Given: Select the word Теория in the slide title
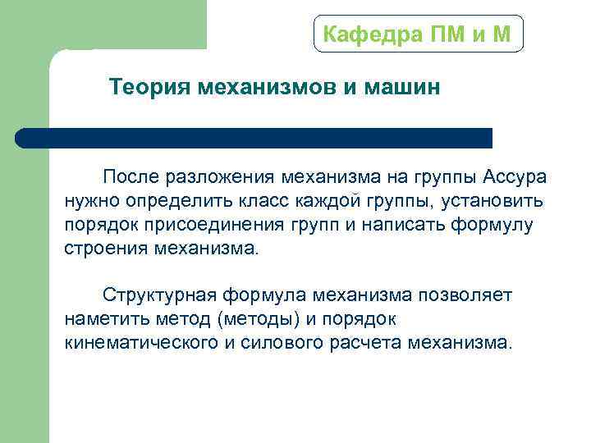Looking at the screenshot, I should coord(150,87).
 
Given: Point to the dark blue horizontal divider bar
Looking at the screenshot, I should coord(254,138).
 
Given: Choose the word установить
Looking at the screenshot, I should coord(497,201).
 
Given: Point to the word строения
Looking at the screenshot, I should coord(106,249).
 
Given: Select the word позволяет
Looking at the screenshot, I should coord(470,295).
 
